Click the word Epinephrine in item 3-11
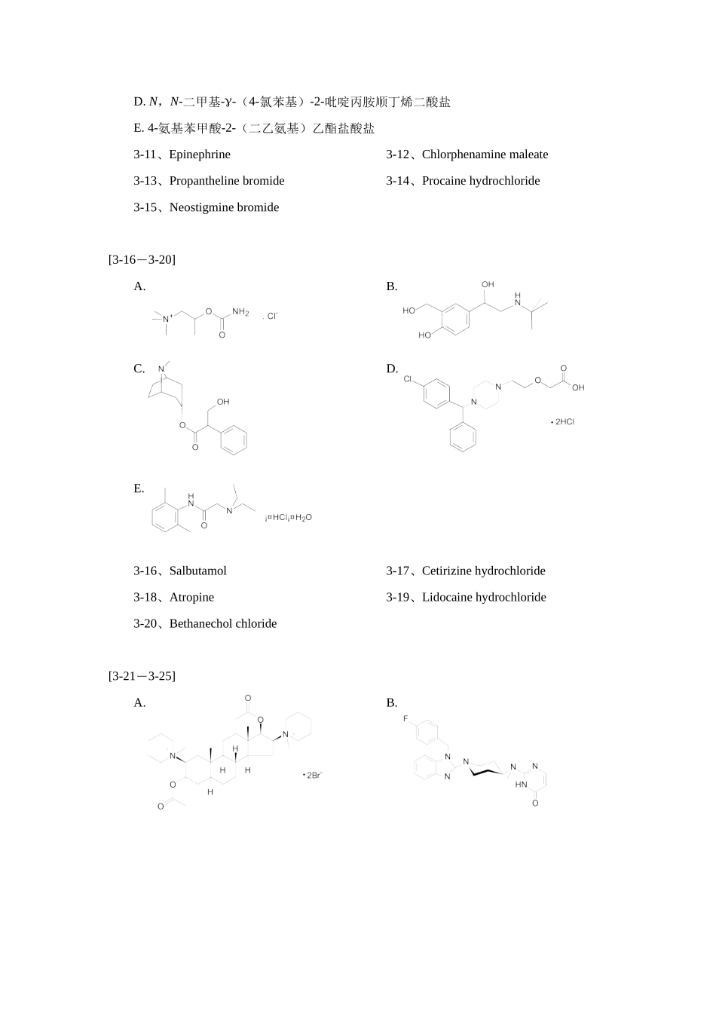coord(200,155)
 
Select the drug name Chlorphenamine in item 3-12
coord(464,155)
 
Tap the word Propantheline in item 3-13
coord(204,181)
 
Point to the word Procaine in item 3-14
coord(445,181)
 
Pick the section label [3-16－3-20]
coord(142,260)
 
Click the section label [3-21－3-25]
coord(142,676)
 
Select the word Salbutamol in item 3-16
coord(197,571)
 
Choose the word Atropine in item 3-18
coord(191,598)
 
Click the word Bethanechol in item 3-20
coord(200,624)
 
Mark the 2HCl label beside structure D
coord(563,422)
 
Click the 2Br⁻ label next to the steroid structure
coord(313,775)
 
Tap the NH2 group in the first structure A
coord(240,312)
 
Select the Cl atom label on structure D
coord(408,379)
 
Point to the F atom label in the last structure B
coord(405,719)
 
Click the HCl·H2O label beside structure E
coord(289,518)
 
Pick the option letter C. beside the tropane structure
coord(139,369)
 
